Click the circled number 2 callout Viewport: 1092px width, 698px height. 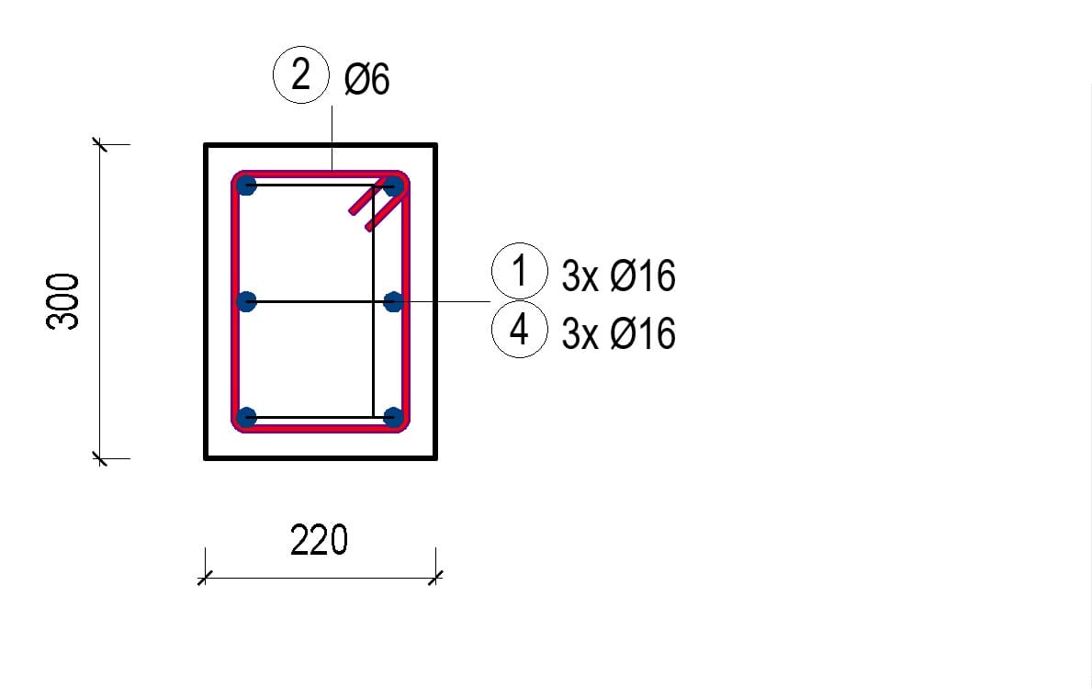pyautogui.click(x=301, y=75)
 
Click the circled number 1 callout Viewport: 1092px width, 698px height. pyautogui.click(x=520, y=271)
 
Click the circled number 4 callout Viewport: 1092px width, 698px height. pyautogui.click(x=520, y=330)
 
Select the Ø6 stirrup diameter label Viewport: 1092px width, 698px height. pyautogui.click(x=367, y=79)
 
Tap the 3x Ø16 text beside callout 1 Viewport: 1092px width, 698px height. pyautogui.click(x=618, y=276)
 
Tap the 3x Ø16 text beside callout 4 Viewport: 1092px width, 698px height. pyautogui.click(x=618, y=333)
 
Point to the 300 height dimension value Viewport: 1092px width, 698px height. pyautogui.click(x=62, y=301)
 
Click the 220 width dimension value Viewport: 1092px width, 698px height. pyautogui.click(x=319, y=540)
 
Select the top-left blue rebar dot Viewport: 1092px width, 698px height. pyautogui.click(x=246, y=186)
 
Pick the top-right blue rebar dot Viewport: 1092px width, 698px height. pyautogui.click(x=393, y=186)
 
